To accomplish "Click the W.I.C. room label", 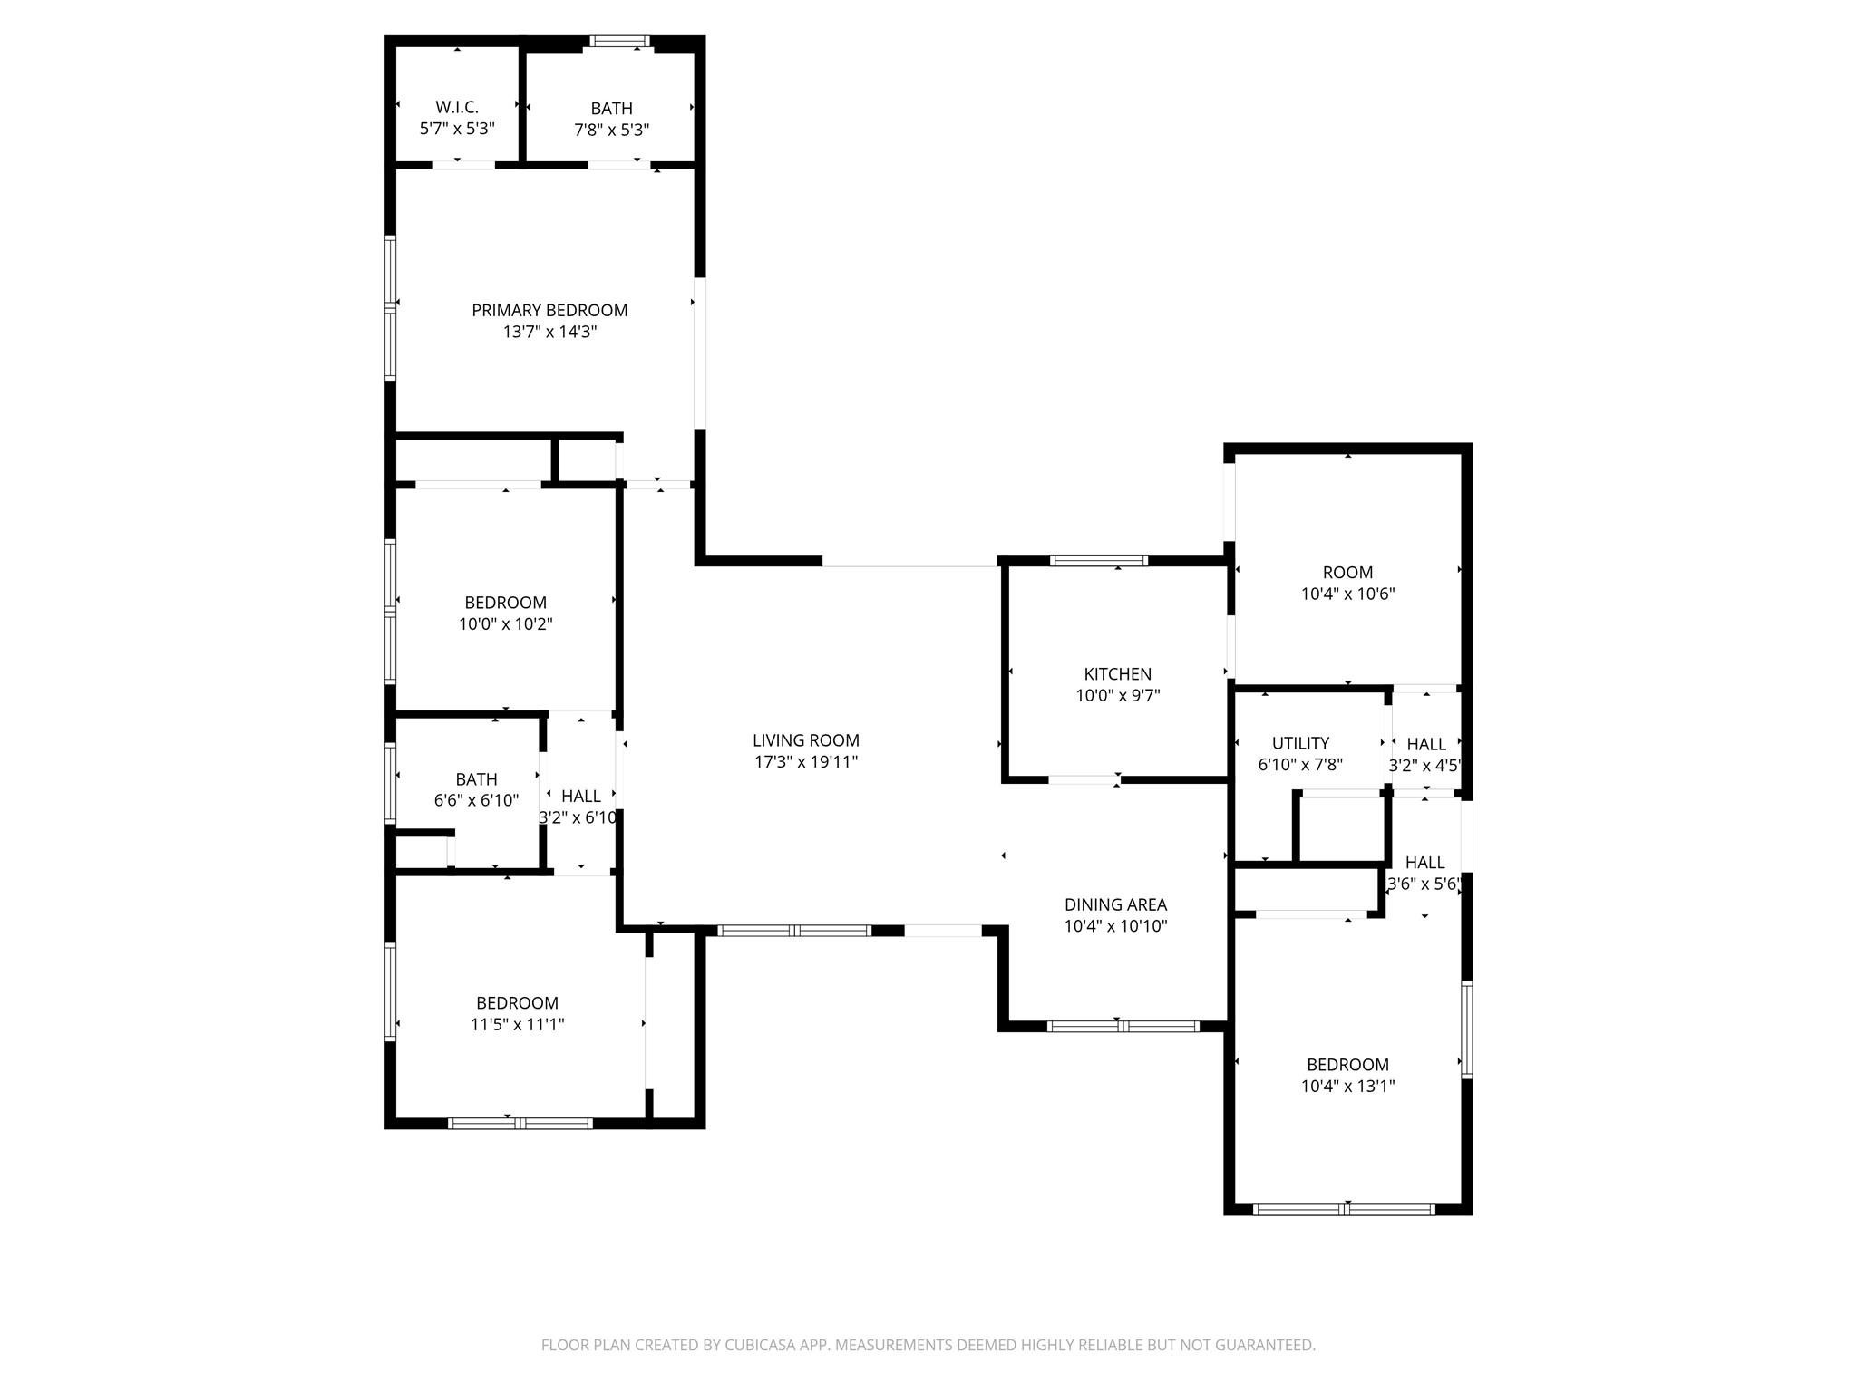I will (457, 108).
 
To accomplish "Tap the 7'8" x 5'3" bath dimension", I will (612, 130).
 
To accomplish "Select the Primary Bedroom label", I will (549, 310).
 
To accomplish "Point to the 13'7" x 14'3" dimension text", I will (549, 332).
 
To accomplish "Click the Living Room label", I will (805, 740).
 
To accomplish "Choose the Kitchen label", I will (1117, 674).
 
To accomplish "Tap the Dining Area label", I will (1115, 904).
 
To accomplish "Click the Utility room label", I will (1300, 743).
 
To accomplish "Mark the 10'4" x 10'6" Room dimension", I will (1347, 594).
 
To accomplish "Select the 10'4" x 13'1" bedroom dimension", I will (1347, 1087).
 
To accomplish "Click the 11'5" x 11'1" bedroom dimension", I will (517, 1025).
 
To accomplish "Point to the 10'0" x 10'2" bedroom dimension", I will (505, 624).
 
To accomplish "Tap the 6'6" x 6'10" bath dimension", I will (476, 801).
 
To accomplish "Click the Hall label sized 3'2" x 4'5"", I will (1426, 744).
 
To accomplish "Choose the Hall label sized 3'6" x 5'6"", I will (1424, 863).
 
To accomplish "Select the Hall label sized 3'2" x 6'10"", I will (580, 796).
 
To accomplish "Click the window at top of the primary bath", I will (619, 41).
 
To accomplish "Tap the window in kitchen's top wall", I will (1098, 561).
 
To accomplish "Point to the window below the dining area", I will (1123, 1027).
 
